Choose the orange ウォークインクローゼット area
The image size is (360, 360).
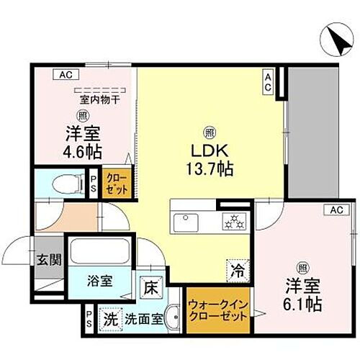tap(218, 313)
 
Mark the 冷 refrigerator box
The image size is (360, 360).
tap(237, 271)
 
